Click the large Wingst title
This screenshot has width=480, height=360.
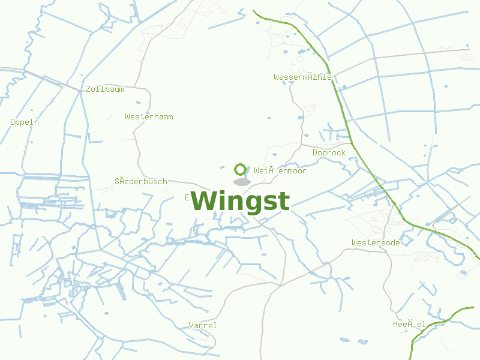pos(241,202)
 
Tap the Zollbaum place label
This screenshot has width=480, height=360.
pos(105,89)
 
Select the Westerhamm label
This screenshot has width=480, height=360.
pos(149,116)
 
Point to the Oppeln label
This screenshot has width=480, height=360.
pos(25,122)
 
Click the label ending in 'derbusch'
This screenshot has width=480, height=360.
pos(141,181)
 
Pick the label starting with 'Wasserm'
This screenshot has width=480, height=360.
pos(303,77)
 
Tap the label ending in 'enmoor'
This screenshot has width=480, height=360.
pos(280,171)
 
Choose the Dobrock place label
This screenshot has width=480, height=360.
pos(329,153)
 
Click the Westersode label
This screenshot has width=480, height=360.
pos(376,242)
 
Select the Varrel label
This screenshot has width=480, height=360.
pos(203,325)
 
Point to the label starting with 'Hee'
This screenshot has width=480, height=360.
pos(409,325)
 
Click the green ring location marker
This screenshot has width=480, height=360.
pos(241,169)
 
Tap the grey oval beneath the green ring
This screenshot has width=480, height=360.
pos(241,182)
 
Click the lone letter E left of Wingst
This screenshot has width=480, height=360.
pos(187,197)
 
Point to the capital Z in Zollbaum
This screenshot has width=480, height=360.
pos(89,89)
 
